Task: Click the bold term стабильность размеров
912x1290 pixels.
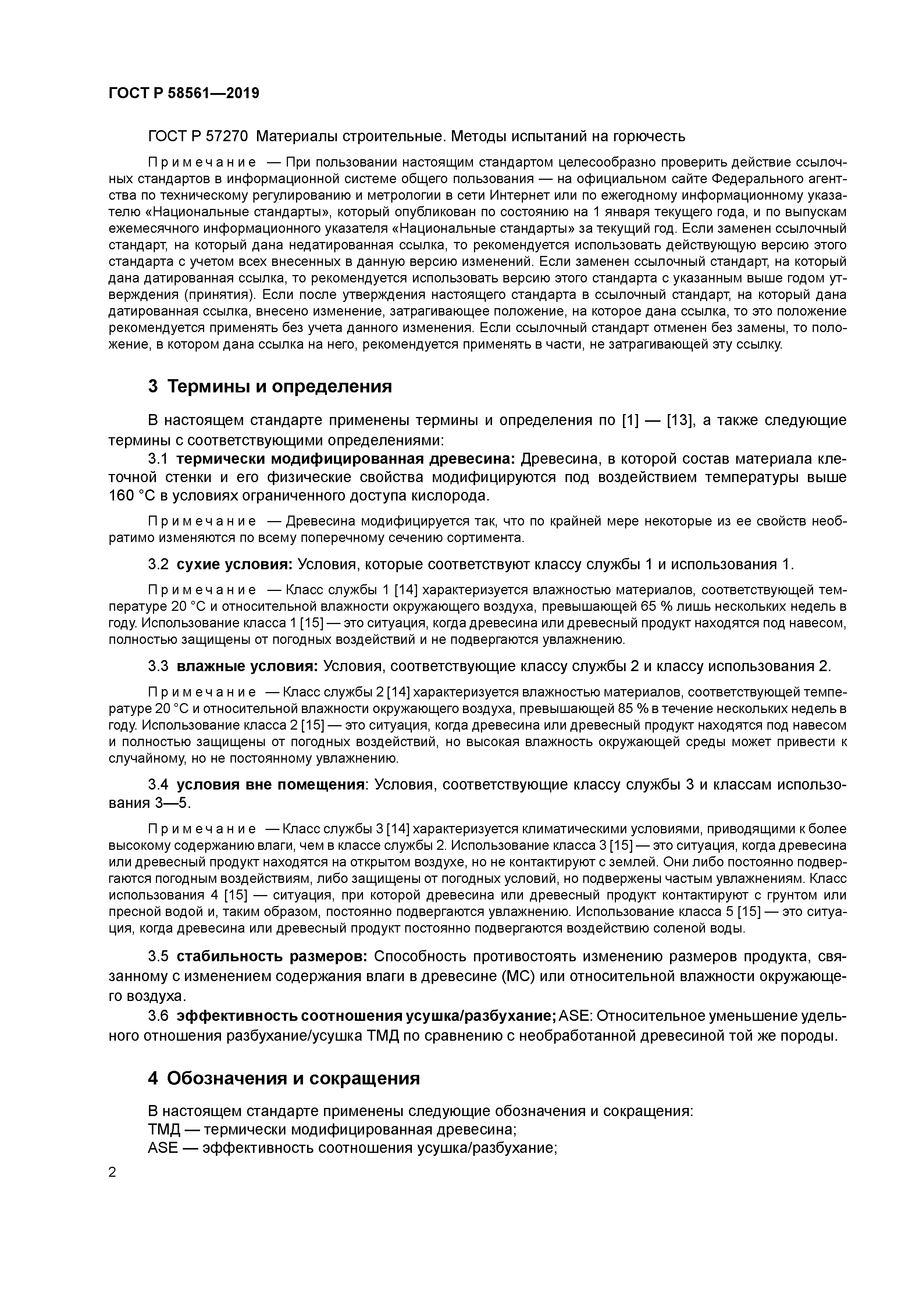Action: (x=272, y=956)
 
